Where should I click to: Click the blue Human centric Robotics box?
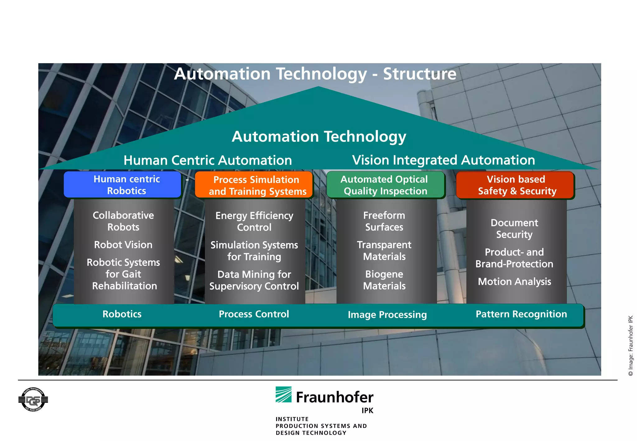(x=122, y=185)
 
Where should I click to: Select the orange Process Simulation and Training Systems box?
(x=254, y=185)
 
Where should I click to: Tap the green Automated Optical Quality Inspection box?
(x=385, y=185)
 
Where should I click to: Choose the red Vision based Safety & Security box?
(x=515, y=185)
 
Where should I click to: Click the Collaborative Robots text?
(x=123, y=221)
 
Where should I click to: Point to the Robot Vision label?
(x=123, y=245)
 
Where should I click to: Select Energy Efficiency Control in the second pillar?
(x=254, y=221)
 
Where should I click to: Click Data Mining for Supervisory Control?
(x=254, y=280)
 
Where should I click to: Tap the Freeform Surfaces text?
(x=384, y=221)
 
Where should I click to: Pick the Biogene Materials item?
(x=384, y=280)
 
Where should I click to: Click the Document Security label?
(x=514, y=229)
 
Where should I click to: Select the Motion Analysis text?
(x=514, y=281)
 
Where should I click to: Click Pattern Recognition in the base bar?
(x=521, y=314)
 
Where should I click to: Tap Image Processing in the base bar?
(x=387, y=315)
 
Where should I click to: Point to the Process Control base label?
(x=254, y=314)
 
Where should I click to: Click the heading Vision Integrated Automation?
(x=444, y=160)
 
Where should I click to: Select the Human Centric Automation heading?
(x=208, y=160)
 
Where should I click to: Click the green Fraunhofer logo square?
(x=283, y=395)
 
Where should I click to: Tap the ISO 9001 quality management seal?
(x=33, y=400)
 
